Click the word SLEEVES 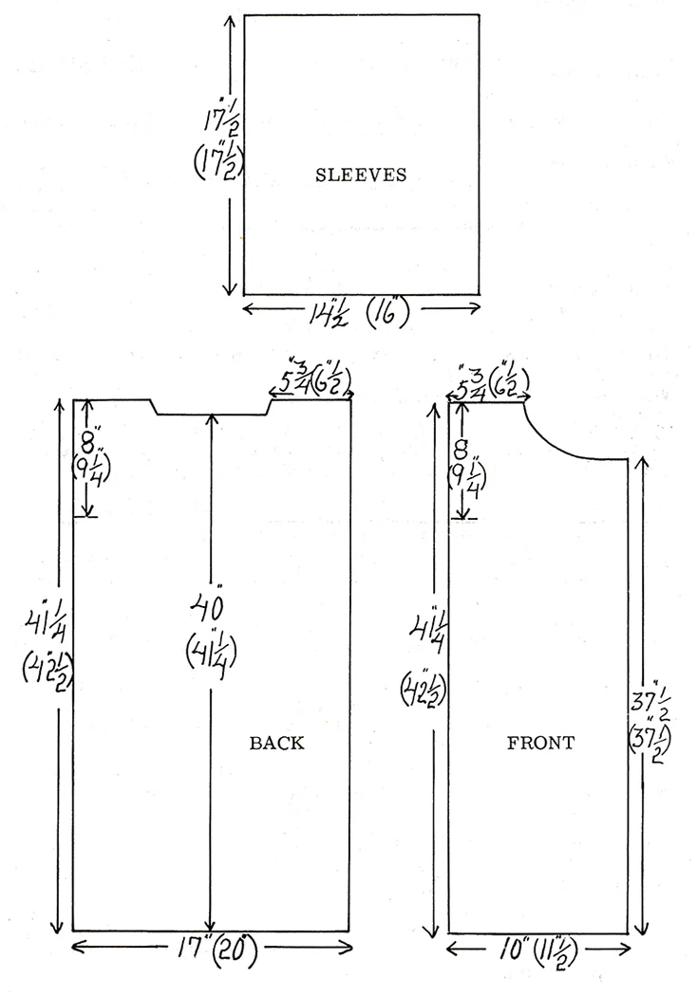[361, 175]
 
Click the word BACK [276, 743]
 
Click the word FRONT [540, 743]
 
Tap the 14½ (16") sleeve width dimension [359, 313]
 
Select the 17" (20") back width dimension [217, 950]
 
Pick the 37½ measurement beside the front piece [649, 701]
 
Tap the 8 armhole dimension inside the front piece [462, 450]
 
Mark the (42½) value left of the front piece [423, 691]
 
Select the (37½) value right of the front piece [650, 742]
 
